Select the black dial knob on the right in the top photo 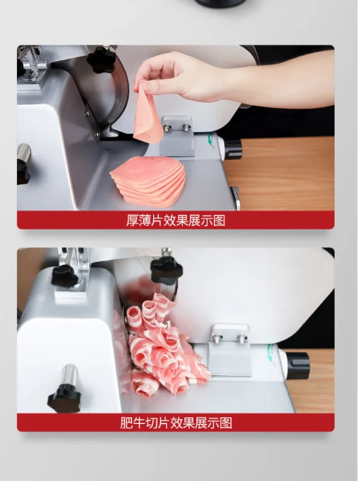coord(232,149)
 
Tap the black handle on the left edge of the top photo coord(23,164)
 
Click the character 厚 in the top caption coord(133,220)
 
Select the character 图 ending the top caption coord(219,220)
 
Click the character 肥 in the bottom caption coord(127,423)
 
